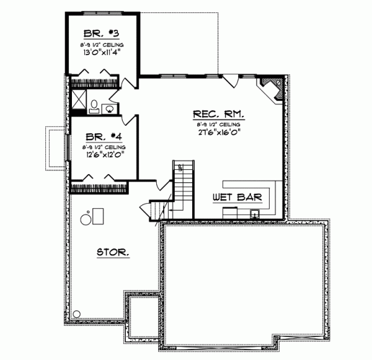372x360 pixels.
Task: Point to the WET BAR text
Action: click(237, 198)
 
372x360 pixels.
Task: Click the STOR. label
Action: click(112, 252)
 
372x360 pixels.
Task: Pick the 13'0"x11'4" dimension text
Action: click(102, 53)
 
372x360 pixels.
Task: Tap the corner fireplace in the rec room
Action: click(273, 89)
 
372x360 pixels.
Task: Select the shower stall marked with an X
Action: click(78, 100)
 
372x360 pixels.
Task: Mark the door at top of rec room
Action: click(231, 79)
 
